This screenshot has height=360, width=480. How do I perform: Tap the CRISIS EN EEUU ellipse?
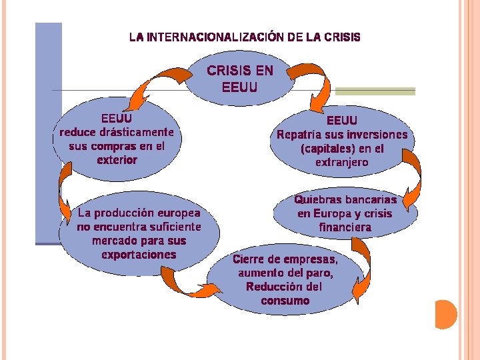pos(240,79)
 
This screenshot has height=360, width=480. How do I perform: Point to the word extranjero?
pos(343,162)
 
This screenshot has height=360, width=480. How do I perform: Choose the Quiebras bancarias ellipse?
pos(345,213)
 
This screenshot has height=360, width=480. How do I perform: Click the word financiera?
pos(345,227)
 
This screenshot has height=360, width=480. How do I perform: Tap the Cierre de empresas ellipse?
pos(285,280)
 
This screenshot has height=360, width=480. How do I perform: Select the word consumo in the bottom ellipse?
pos(285,301)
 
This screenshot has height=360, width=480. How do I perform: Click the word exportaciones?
pos(139,254)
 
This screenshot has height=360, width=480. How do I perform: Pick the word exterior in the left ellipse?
pos(117,159)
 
